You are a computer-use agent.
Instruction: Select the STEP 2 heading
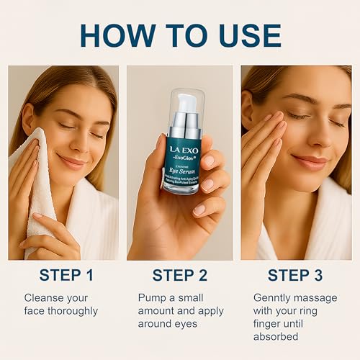point(180,275)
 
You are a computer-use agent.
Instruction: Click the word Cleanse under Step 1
point(45,297)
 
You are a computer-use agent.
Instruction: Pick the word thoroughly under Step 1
point(71,311)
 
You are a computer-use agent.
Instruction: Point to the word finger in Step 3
point(270,324)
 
